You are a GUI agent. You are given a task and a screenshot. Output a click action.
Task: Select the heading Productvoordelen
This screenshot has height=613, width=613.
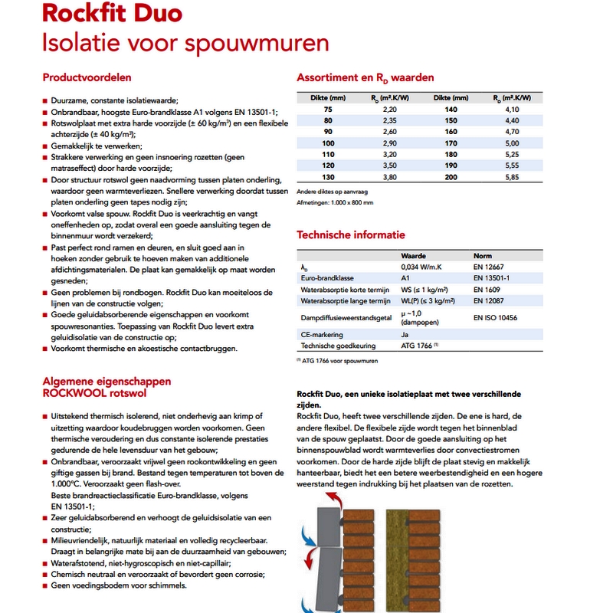[x=87, y=77]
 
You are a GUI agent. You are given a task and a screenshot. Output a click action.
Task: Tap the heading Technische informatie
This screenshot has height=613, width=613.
[x=351, y=234]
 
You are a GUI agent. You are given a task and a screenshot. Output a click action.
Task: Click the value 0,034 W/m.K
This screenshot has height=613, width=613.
[x=422, y=267]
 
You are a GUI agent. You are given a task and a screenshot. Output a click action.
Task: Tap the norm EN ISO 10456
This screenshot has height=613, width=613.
[x=496, y=316]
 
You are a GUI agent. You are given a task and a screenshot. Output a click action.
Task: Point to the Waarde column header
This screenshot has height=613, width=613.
[x=414, y=255]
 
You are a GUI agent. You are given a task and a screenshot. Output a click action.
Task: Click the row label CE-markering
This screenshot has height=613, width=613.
[x=323, y=335]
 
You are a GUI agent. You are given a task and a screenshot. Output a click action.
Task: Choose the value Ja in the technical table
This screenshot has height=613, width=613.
[x=405, y=335]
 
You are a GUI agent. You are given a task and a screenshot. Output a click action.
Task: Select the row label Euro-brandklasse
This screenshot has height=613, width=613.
[x=328, y=278]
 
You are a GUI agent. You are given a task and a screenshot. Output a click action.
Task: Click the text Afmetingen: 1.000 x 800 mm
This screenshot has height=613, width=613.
[x=335, y=202]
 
